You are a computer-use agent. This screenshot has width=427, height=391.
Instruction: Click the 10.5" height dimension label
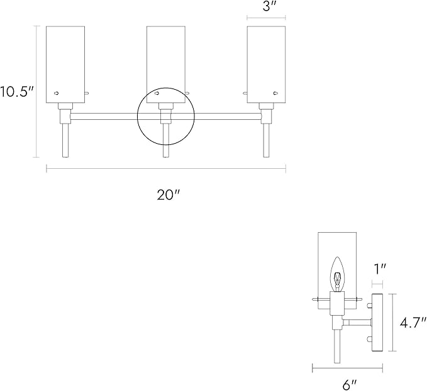click(x=16, y=91)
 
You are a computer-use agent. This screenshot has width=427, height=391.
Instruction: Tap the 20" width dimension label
click(x=169, y=195)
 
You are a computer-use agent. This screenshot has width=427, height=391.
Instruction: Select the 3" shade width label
click(x=269, y=6)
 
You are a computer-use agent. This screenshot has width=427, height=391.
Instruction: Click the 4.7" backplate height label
click(x=413, y=323)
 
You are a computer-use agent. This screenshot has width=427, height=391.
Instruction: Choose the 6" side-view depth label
click(x=350, y=385)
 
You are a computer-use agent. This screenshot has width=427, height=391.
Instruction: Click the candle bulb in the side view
click(x=338, y=274)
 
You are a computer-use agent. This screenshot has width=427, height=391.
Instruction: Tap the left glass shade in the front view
click(x=65, y=65)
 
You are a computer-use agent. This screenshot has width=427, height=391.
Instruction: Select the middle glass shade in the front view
click(x=166, y=65)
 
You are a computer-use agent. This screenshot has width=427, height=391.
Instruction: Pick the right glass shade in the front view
click(x=267, y=65)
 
